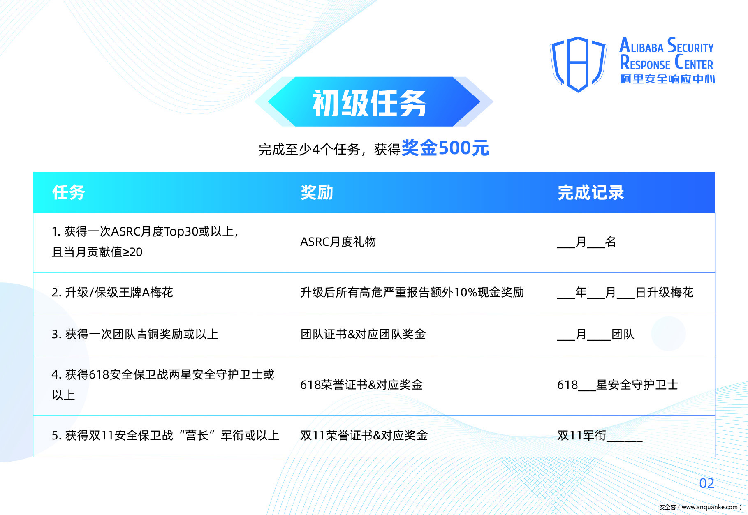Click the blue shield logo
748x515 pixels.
[x=578, y=64]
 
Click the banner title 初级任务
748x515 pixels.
[x=369, y=103]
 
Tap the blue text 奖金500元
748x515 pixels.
[x=445, y=148]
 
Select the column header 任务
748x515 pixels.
[x=68, y=192]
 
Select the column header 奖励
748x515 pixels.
[x=317, y=192]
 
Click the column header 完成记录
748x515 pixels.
[x=591, y=192]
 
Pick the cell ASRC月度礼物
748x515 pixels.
[x=338, y=242]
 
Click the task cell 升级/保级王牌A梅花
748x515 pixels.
[x=112, y=292]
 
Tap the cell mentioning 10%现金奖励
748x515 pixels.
[x=412, y=292]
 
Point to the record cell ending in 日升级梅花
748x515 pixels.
[x=625, y=292]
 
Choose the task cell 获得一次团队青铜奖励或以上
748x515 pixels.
[x=135, y=334]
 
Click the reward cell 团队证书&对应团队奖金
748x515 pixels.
[x=363, y=334]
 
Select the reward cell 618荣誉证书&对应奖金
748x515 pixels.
[x=361, y=385]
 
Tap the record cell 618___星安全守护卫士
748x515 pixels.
[x=618, y=385]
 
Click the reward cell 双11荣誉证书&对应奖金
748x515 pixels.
[x=364, y=435]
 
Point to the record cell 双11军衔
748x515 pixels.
[x=600, y=435]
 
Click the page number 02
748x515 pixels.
[x=706, y=483]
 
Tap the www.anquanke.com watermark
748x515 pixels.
[x=700, y=507]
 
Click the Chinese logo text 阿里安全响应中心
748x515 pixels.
[x=667, y=79]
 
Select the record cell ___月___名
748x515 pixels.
[x=586, y=242]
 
